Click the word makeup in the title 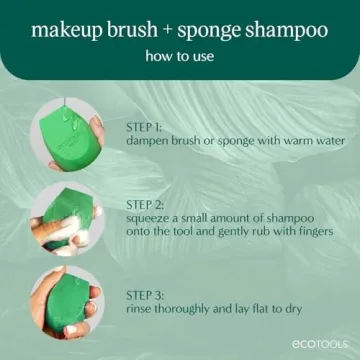pos(68,29)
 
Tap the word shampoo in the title pos(286,30)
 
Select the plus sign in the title pos(163,29)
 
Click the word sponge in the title pos(208,30)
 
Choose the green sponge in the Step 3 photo pos(70,297)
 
